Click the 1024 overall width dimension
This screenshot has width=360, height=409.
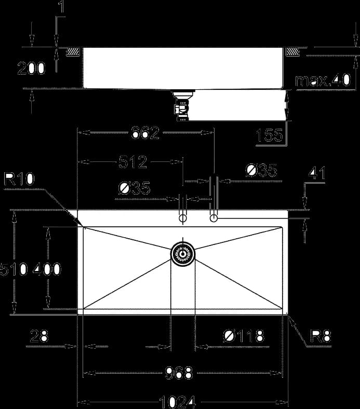177,402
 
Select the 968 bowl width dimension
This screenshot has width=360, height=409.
179,373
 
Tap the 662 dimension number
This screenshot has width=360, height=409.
145,132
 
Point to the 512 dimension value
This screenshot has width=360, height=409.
132,162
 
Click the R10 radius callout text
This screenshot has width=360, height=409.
19,179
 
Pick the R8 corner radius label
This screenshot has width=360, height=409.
321,336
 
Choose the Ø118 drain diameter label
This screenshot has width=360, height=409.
244,336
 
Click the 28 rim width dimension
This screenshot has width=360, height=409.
39,336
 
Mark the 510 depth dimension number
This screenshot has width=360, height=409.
14,269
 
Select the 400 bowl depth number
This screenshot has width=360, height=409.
47,269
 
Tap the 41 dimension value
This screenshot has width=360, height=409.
317,173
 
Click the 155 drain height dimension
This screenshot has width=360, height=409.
270,135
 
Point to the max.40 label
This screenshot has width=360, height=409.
323,80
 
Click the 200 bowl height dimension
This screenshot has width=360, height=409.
31,69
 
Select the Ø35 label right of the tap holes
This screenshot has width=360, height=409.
261,170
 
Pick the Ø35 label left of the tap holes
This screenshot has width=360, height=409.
135,188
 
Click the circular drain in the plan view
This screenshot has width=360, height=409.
183,254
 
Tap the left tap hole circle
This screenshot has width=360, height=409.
183,218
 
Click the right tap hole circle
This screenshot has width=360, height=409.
214,218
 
